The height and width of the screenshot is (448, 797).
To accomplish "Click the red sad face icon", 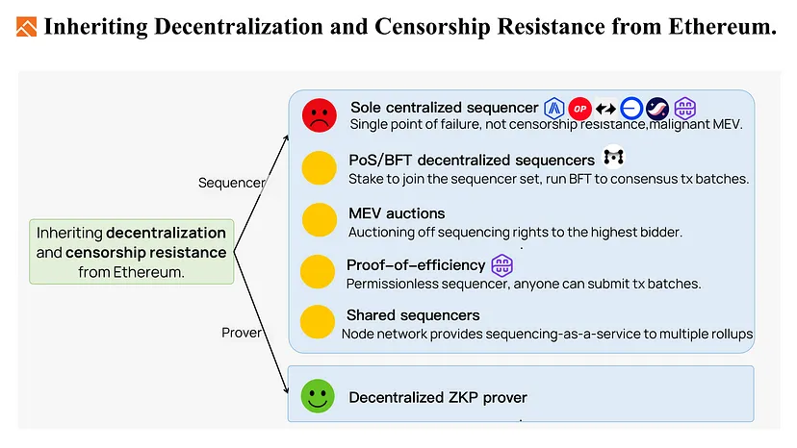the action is (320, 115).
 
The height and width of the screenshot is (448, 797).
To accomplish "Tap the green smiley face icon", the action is (318, 396).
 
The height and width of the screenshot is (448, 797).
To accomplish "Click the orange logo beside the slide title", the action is (26, 27).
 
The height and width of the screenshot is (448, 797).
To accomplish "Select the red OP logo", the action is (580, 109).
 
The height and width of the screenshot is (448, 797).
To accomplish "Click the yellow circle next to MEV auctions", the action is (320, 219).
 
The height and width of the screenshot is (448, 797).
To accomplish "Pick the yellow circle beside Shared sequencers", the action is (318, 321).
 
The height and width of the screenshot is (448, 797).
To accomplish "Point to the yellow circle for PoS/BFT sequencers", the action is (320, 167).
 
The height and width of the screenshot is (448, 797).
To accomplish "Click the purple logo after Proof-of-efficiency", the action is (501, 265).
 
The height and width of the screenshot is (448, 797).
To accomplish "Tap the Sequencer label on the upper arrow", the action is (231, 183).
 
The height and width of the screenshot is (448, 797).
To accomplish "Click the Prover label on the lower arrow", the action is (242, 333).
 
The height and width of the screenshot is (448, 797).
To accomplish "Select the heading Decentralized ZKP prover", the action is (438, 397).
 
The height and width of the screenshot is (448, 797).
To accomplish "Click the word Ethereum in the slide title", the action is (722, 26).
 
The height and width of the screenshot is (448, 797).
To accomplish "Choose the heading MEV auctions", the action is (397, 213).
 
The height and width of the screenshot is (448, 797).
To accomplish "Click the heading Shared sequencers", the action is (413, 315).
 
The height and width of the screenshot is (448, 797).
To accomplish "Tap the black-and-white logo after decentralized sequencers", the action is (613, 158).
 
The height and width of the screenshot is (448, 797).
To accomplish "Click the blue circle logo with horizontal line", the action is (631, 109).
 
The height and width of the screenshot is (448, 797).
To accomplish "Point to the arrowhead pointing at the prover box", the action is (286, 388).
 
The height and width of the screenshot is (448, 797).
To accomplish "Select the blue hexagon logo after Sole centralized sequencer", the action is (554, 109).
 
